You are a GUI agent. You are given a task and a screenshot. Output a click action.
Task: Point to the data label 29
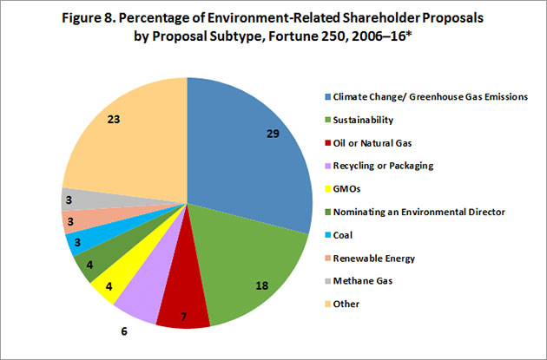point(274,134)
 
